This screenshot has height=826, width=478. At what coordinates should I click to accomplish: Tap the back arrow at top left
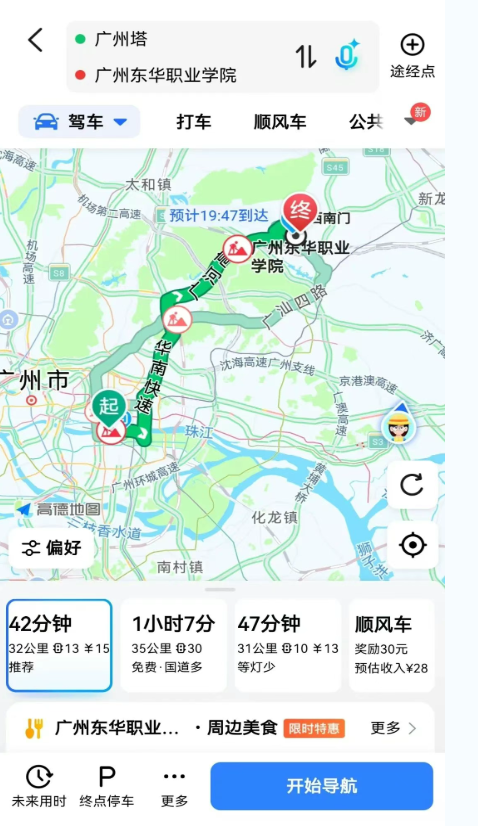[36, 40]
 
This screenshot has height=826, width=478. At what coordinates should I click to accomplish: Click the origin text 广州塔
[121, 40]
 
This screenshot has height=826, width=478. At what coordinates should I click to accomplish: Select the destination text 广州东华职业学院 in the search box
[165, 75]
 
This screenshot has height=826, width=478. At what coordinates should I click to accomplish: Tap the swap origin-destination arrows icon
[305, 57]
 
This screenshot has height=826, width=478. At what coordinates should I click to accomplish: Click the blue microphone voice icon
[347, 56]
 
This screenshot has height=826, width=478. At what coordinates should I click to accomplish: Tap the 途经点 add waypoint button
[412, 54]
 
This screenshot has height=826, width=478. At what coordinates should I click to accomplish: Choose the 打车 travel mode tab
[194, 122]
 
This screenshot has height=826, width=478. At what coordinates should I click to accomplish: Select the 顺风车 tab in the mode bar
[280, 122]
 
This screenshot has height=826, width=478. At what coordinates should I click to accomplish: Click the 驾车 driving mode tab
[80, 122]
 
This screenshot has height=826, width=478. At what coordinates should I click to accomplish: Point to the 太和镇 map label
[148, 184]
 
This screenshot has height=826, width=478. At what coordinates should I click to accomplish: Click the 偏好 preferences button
[52, 547]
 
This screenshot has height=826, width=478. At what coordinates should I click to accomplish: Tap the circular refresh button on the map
[412, 485]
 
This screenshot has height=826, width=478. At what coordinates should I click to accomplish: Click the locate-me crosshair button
[412, 545]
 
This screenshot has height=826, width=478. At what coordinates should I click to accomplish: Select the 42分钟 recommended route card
[59, 645]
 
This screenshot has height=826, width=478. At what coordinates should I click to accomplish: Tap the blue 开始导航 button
[321, 785]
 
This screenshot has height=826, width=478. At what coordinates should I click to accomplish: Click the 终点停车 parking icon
[106, 785]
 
